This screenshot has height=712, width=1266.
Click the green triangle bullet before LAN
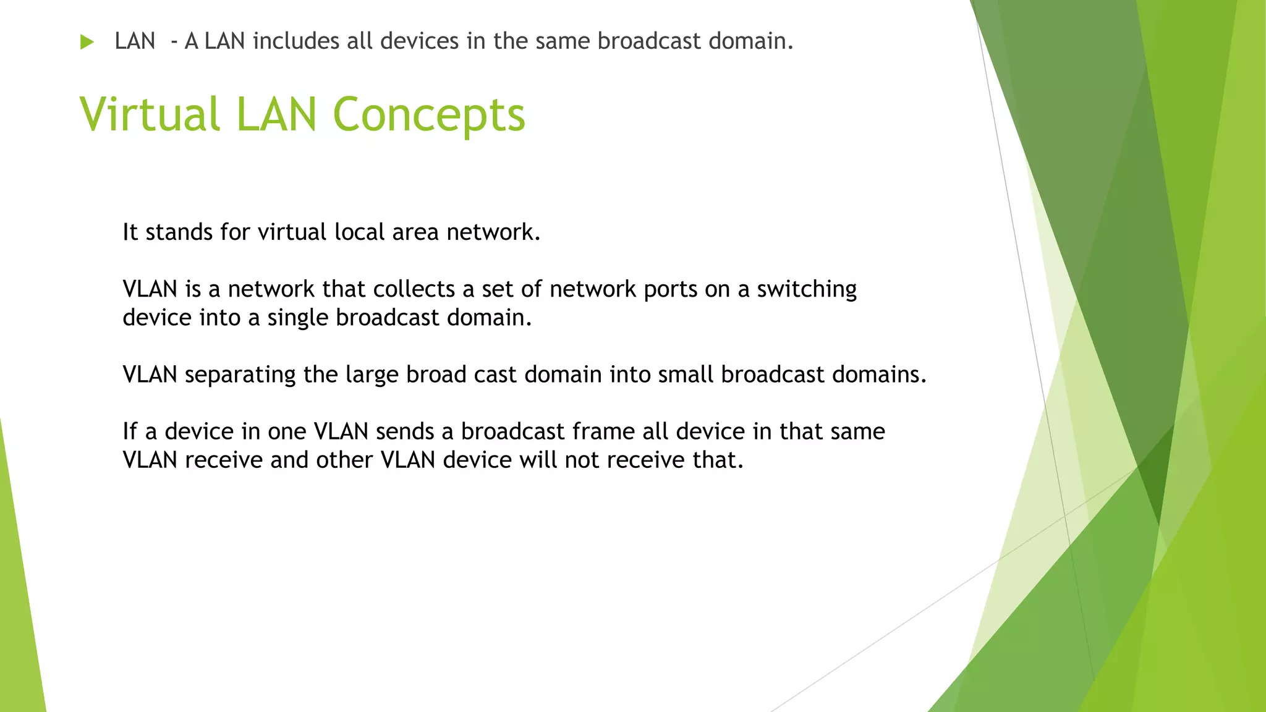pos(87,42)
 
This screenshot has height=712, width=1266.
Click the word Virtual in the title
pos(150,115)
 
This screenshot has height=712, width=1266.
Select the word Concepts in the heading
pos(428,115)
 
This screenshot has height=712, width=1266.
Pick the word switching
pos(807,289)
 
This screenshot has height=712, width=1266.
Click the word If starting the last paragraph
pos(130,431)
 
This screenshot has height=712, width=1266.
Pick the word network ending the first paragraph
pos(493,232)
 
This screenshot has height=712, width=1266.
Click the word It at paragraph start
pos(130,232)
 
